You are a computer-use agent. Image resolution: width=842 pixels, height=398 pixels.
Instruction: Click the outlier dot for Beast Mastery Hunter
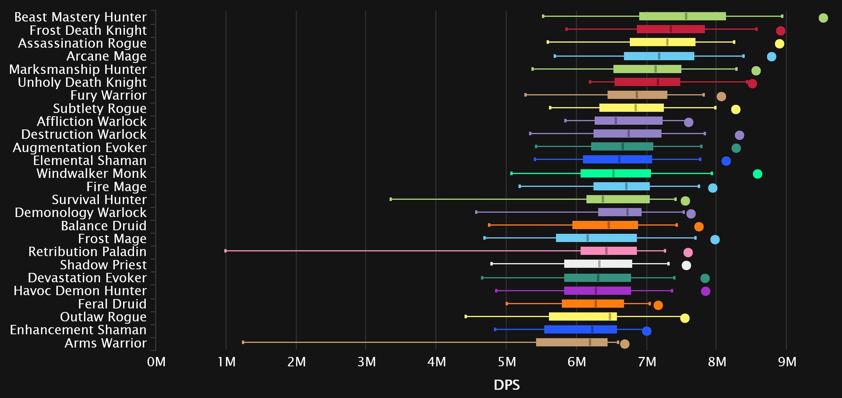click(823, 18)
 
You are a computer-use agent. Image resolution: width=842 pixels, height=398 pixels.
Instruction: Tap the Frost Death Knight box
click(670, 29)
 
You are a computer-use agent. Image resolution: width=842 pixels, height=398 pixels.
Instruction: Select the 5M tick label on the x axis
click(507, 362)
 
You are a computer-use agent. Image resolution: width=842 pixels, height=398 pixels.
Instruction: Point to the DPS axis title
click(507, 385)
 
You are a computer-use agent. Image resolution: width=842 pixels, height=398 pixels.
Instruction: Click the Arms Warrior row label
click(105, 343)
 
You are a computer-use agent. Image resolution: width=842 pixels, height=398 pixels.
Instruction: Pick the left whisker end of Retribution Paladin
click(225, 251)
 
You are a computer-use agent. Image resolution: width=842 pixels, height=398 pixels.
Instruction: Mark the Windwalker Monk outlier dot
click(757, 174)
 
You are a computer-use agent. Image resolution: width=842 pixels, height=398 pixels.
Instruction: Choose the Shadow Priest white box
click(598, 264)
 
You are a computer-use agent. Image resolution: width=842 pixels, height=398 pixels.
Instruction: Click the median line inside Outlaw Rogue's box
click(610, 317)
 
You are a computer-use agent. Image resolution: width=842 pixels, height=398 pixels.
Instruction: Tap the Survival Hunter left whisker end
click(391, 199)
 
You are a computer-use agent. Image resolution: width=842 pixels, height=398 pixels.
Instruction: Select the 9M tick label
click(787, 362)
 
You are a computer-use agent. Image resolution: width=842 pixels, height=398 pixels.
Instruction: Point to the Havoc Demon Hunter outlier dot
click(705, 291)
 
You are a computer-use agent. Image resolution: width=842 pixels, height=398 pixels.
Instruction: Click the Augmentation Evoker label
click(80, 148)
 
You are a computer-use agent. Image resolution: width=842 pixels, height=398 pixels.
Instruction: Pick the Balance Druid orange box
click(605, 225)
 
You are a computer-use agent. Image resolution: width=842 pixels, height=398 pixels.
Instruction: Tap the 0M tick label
click(156, 362)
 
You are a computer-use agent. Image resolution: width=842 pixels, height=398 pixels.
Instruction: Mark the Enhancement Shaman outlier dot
click(647, 331)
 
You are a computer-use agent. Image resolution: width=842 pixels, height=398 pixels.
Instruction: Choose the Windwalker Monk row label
click(91, 174)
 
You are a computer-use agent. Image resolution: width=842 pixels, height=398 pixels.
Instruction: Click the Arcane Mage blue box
click(659, 56)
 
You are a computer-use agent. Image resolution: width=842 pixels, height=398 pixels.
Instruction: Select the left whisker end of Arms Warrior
click(243, 342)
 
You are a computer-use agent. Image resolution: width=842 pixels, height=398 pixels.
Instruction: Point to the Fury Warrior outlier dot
click(721, 97)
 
